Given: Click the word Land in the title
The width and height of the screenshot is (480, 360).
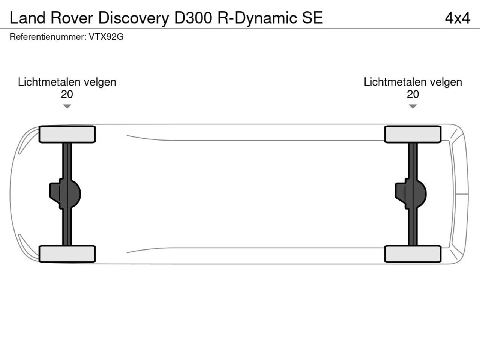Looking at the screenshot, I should (27, 18).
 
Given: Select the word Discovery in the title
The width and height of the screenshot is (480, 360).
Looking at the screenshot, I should (133, 18).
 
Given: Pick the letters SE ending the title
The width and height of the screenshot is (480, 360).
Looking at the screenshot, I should (312, 18).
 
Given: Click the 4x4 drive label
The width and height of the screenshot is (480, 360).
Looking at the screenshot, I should (457, 18).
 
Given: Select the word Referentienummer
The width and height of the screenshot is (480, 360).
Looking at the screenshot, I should (47, 37).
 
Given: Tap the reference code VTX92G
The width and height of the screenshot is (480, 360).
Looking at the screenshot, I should (106, 37).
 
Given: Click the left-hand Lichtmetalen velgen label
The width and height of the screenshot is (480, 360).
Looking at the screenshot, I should (67, 82).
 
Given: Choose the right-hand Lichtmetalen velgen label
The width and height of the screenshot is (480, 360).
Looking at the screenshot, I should (412, 82).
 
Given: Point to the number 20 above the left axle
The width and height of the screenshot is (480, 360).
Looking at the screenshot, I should (67, 94).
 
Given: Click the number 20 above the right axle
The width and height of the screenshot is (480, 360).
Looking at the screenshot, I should (412, 94).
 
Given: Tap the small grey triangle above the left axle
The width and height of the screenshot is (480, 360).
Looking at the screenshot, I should (67, 106).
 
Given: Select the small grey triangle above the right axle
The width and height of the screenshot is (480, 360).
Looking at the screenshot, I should (412, 106).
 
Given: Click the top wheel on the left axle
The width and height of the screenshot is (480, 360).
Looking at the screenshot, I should (67, 134).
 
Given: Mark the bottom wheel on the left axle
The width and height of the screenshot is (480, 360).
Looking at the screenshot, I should (67, 254).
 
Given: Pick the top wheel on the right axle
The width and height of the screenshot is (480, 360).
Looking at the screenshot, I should (412, 134).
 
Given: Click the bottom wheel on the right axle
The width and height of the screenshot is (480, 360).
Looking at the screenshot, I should (412, 254).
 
